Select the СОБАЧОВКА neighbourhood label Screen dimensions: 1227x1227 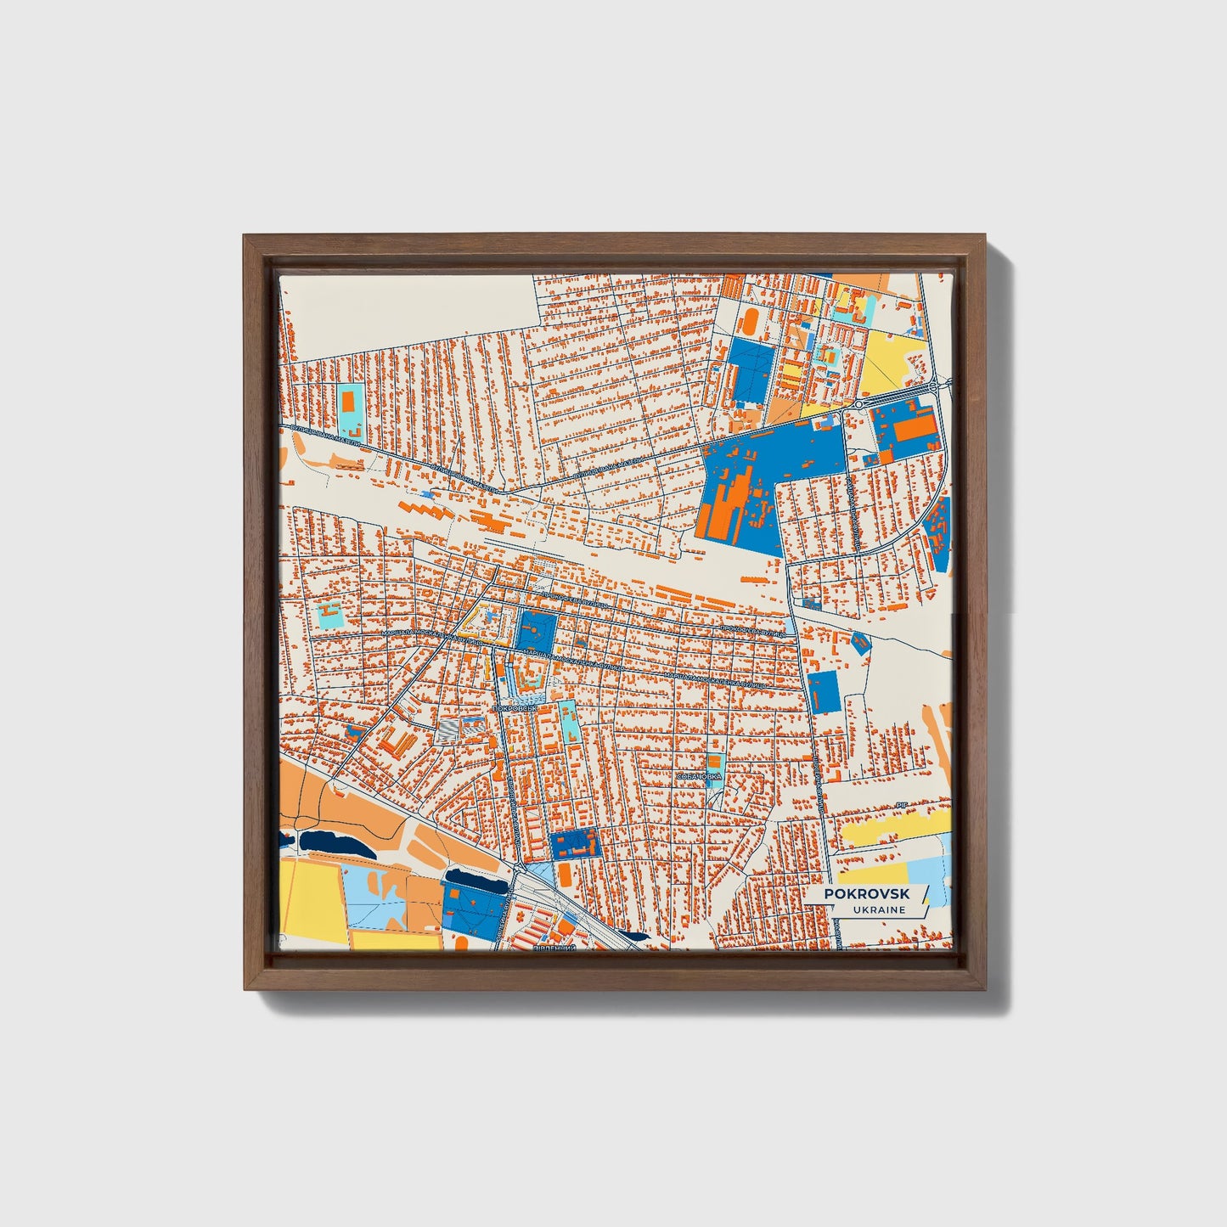699,776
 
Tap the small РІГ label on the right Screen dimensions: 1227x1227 902,802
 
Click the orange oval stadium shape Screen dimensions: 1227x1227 751,321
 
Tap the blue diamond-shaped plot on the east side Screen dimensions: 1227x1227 861,643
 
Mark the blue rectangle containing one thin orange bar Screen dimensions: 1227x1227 822,692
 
